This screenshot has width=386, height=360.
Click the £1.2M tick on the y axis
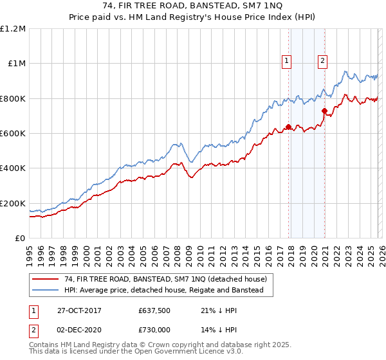tap(13, 29)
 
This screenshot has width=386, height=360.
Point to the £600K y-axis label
tap(13, 134)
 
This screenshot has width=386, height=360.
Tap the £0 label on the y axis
tap(21, 239)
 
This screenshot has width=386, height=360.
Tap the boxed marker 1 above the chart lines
tap(286, 62)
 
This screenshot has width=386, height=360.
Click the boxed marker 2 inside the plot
tap(322, 62)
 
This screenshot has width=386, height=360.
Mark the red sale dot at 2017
tap(288, 127)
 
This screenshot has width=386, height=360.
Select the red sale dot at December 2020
tap(325, 111)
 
